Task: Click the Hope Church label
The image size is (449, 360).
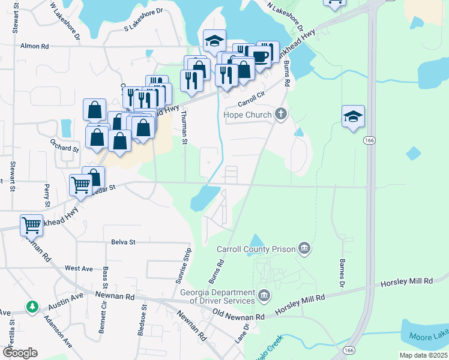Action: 248,114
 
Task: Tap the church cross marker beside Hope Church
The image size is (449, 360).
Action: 280,113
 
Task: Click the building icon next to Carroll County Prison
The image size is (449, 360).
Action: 305,247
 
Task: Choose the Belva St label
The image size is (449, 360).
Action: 124,242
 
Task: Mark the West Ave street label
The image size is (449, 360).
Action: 79,268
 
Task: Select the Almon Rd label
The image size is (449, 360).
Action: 34,46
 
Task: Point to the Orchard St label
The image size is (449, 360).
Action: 64,148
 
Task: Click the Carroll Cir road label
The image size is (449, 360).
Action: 252,96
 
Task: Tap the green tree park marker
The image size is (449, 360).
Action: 32,307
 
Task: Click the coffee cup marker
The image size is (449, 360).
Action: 261,56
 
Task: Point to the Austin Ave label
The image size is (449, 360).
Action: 65,301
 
